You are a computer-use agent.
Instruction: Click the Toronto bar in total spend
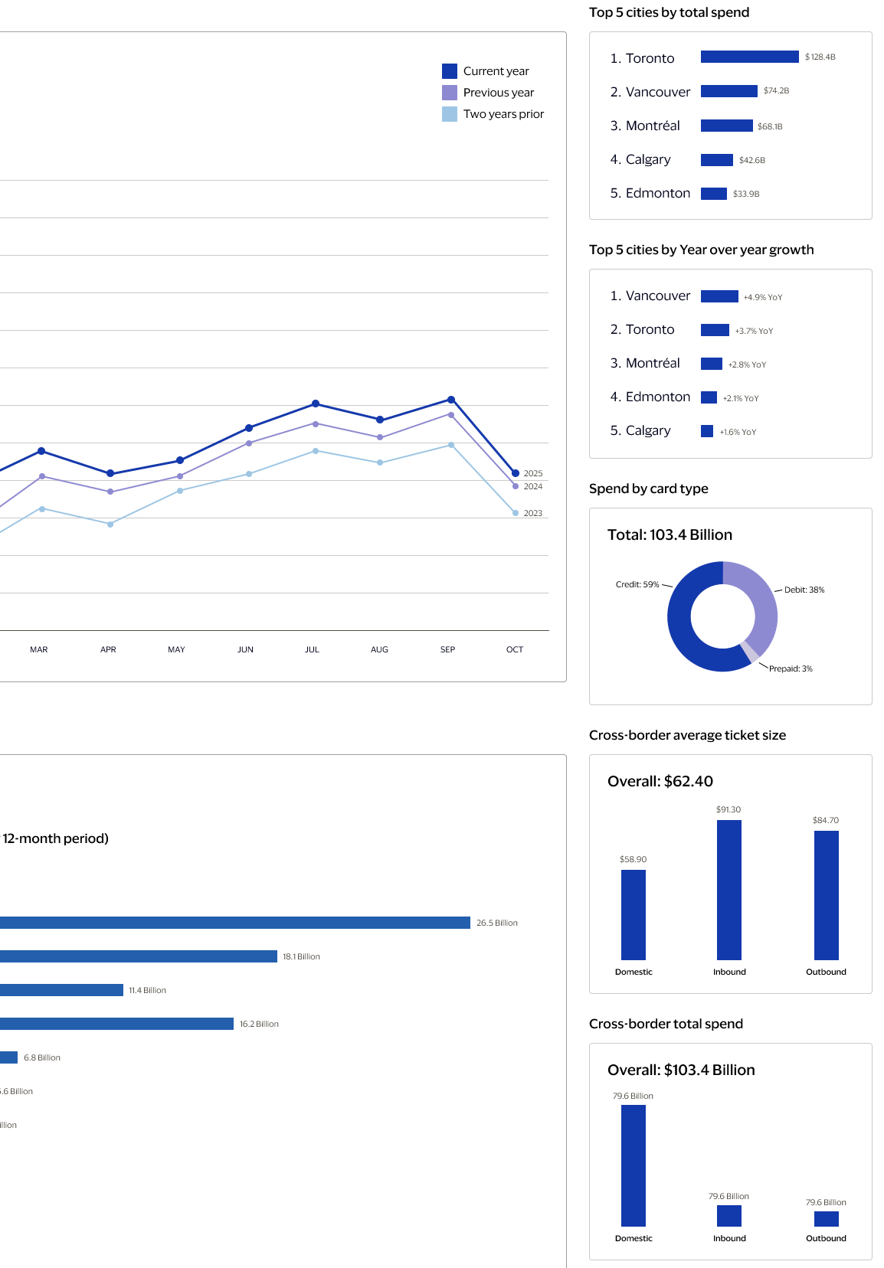click(x=749, y=57)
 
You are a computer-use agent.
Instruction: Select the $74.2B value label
click(x=776, y=90)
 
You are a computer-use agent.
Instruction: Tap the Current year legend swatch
click(x=450, y=71)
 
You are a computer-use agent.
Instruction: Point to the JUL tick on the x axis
click(x=312, y=649)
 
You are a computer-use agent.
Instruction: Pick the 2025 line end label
click(x=532, y=473)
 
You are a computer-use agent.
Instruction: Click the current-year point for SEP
click(x=451, y=400)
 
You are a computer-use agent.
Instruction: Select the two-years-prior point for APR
click(x=110, y=524)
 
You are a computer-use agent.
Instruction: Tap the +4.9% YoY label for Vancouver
click(x=762, y=297)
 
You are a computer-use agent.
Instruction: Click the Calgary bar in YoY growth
click(x=707, y=431)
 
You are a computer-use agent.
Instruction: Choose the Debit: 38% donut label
click(x=804, y=590)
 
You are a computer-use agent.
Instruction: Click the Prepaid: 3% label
click(x=790, y=668)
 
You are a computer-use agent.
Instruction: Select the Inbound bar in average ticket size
click(x=728, y=890)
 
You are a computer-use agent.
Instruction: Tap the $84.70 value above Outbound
click(x=825, y=820)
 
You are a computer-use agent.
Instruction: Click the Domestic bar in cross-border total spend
click(x=633, y=1165)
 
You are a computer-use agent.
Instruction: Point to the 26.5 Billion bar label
click(x=496, y=923)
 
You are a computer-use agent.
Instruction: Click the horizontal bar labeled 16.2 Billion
click(x=115, y=1024)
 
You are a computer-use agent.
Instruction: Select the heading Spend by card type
click(x=648, y=489)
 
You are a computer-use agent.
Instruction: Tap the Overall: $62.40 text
click(x=660, y=781)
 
